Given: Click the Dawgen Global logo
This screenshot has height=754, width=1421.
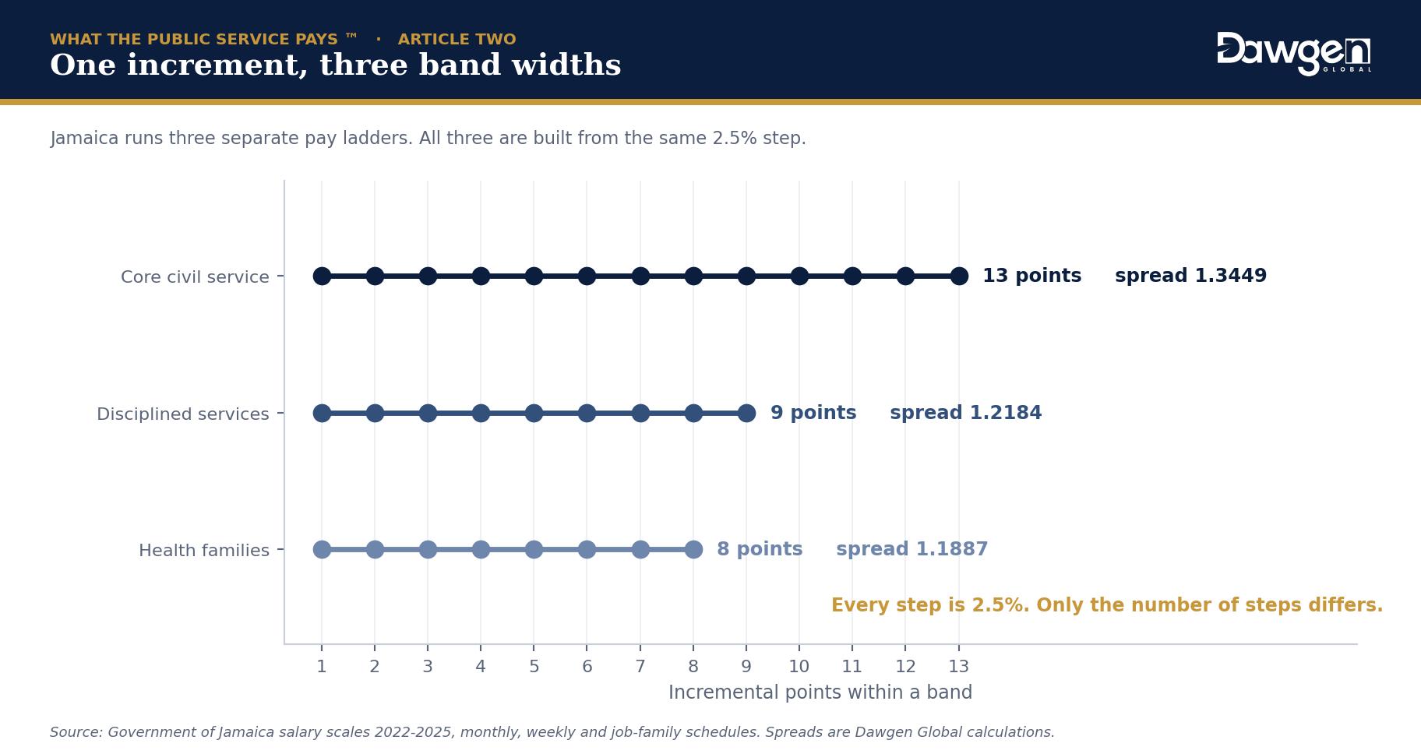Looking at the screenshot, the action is pyautogui.click(x=1294, y=54).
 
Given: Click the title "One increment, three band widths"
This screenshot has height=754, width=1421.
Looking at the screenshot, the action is pyautogui.click(x=335, y=65).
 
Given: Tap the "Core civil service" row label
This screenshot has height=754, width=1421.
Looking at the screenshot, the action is pyautogui.click(x=195, y=277).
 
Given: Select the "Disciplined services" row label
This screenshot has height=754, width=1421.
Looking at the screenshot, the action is pyautogui.click(x=183, y=414).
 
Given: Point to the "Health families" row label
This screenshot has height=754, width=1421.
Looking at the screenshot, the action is pyautogui.click(x=204, y=550).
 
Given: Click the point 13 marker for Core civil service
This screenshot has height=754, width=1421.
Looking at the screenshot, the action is pyautogui.click(x=959, y=276).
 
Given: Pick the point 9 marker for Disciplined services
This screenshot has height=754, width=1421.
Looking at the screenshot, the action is pyautogui.click(x=746, y=413).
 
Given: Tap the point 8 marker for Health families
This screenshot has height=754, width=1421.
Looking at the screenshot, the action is pyautogui.click(x=693, y=550).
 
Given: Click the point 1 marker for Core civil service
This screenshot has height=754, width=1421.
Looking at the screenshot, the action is pyautogui.click(x=322, y=276).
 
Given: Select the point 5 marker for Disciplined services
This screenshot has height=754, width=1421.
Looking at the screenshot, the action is pyautogui.click(x=534, y=413).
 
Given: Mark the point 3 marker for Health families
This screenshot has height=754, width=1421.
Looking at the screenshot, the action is pyautogui.click(x=428, y=550).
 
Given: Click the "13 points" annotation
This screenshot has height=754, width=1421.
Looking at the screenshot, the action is pyautogui.click(x=1031, y=276).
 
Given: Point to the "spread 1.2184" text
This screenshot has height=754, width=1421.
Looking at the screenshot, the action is pyautogui.click(x=966, y=413).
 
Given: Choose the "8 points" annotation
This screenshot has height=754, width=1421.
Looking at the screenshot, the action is pyautogui.click(x=760, y=549).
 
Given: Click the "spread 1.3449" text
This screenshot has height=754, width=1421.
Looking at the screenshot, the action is pyautogui.click(x=1191, y=276).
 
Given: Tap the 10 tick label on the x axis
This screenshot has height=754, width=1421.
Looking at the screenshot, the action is pyautogui.click(x=799, y=667).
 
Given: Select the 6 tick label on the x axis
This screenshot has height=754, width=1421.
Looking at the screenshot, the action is pyautogui.click(x=587, y=667).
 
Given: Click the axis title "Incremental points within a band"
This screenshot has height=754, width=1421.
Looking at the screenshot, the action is pyautogui.click(x=820, y=692).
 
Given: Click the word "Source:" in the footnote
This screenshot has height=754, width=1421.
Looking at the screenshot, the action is pyautogui.click(x=76, y=732).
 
